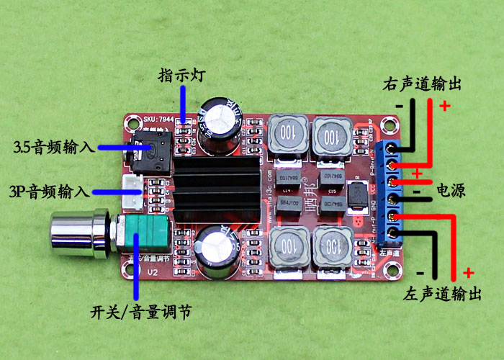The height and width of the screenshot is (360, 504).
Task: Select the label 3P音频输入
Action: click(x=49, y=192)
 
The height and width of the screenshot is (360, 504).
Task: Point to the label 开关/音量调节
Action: click(x=141, y=313)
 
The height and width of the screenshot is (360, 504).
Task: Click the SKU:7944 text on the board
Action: click(x=159, y=117)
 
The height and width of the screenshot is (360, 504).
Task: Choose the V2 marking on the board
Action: click(x=153, y=272)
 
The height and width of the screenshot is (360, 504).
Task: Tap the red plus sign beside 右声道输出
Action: click(x=444, y=106)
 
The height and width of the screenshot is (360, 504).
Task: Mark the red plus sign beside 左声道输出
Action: click(x=469, y=272)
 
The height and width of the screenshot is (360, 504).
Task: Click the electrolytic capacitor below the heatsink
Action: click(x=216, y=250)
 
